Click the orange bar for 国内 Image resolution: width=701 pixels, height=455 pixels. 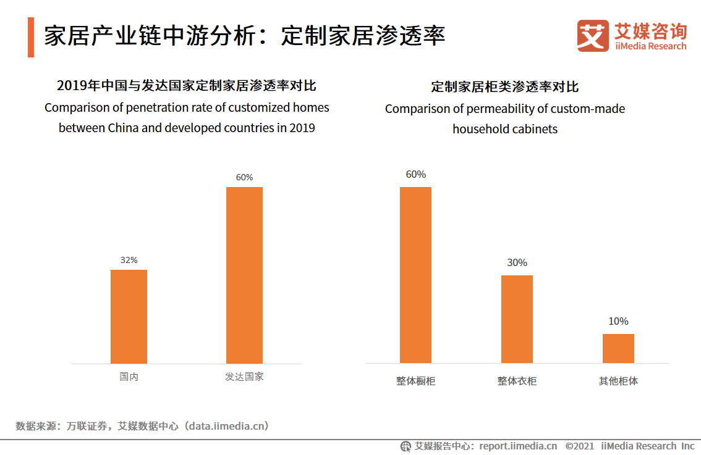coord(129,316)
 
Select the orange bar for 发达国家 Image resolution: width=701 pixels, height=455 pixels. coord(244,275)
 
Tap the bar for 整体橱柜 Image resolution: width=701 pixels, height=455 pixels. coord(415,275)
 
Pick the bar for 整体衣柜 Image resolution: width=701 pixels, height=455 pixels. coord(517,319)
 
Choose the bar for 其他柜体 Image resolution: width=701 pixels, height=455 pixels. coord(618,348)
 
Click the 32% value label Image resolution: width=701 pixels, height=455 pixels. coord(129,260)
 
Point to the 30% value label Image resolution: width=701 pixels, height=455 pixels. coord(517,263)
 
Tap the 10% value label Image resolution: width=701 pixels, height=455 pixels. coord(618,321)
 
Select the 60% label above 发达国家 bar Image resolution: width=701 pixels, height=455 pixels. coord(244,177)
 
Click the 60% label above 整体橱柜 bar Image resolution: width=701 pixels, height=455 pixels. coord(415,175)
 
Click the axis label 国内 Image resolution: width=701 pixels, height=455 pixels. coord(129,377)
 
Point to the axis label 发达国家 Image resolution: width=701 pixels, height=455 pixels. coord(244,377)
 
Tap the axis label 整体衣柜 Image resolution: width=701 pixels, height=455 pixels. coord(517,381)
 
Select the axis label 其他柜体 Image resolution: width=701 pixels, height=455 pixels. coord(618,381)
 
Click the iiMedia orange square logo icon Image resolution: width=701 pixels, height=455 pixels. coord(593,36)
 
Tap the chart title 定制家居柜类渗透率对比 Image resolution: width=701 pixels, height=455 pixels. coord(504,86)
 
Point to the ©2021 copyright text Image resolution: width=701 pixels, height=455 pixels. coord(579,446)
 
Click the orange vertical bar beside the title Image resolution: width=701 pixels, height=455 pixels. coord(31,37)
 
